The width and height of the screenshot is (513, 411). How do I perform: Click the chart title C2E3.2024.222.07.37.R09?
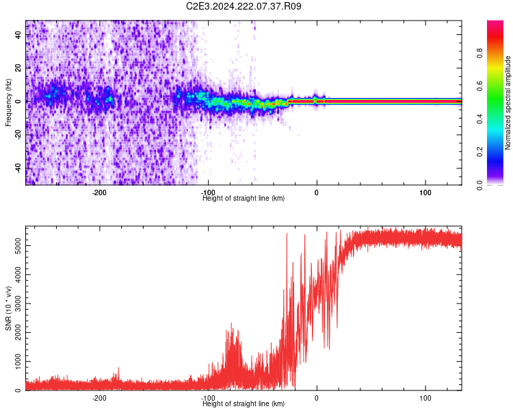point(244,6)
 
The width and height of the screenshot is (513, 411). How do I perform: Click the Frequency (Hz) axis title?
point(8,103)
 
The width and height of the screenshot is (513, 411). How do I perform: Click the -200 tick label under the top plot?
point(99,192)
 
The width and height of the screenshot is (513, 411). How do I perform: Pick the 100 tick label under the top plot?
point(425,192)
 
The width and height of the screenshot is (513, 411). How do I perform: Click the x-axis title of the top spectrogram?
point(244,199)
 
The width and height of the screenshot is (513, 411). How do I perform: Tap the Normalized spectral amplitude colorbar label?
point(508,103)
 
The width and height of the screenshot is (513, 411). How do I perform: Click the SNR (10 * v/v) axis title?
point(8,308)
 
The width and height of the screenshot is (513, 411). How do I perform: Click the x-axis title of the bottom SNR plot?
point(244,404)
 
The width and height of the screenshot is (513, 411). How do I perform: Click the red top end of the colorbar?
point(495,24)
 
